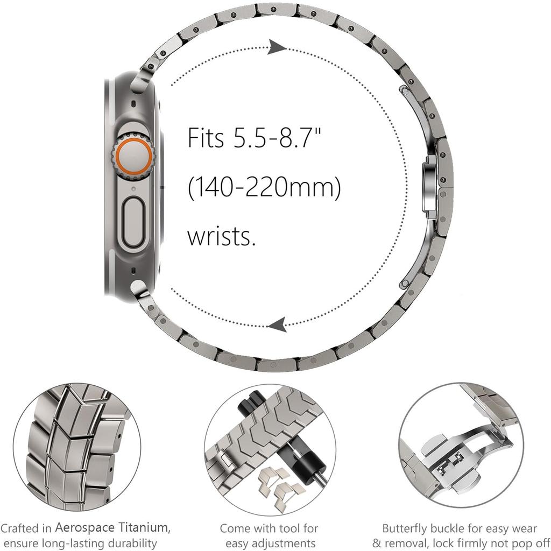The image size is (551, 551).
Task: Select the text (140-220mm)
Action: point(264,189)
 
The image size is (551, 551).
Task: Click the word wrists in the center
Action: point(221,236)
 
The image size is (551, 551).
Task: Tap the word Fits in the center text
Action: point(206,138)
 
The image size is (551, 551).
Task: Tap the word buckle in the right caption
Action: point(448,528)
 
